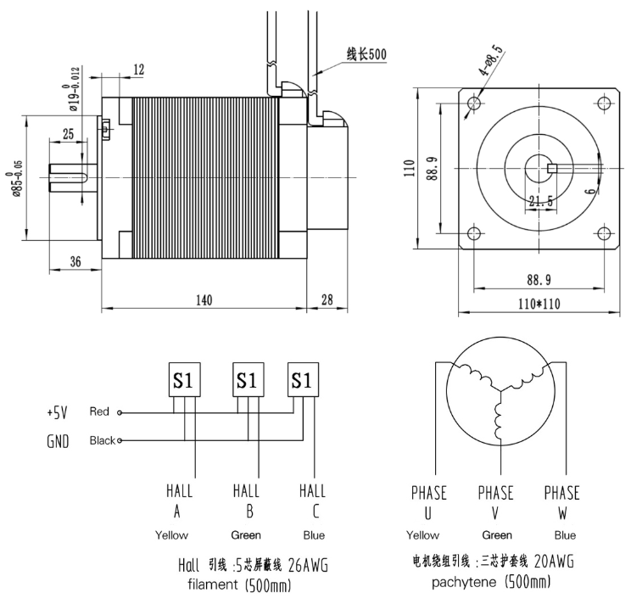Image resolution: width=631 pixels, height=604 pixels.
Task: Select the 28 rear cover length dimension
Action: click(x=327, y=299)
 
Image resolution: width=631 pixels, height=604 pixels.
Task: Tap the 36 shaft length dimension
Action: click(x=74, y=262)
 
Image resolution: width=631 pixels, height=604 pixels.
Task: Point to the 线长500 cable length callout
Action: click(x=366, y=55)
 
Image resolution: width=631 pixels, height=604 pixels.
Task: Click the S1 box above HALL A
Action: click(x=184, y=380)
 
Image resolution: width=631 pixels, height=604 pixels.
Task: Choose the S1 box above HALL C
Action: click(x=303, y=380)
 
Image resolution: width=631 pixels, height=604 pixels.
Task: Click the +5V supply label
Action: click(x=57, y=413)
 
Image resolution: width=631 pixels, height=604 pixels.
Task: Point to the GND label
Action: click(x=58, y=441)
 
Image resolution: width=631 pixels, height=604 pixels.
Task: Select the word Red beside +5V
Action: click(x=99, y=412)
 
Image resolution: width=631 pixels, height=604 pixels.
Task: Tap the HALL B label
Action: click(x=245, y=501)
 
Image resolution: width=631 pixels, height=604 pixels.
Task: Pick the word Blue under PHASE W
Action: click(x=564, y=535)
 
